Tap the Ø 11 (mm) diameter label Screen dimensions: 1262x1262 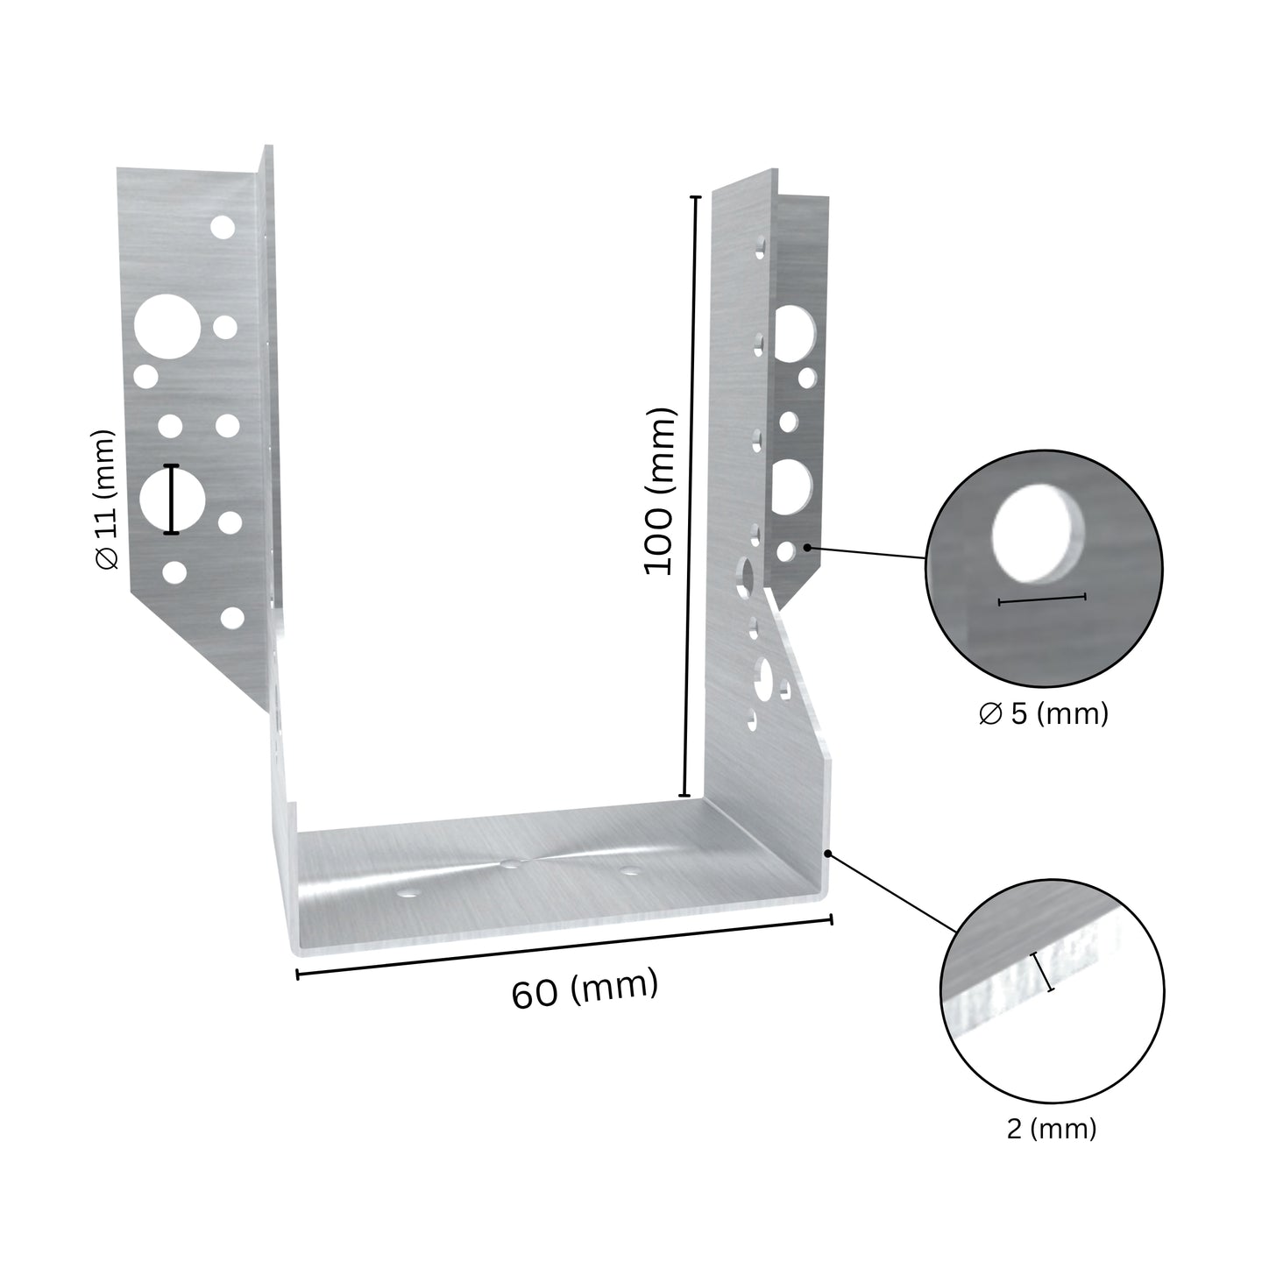coord(106,500)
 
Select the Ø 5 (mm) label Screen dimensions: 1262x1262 coord(1044,713)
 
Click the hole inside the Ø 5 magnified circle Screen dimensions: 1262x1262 coord(1038,535)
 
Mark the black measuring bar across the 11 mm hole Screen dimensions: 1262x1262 coord(171,499)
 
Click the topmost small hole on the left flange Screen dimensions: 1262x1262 coord(223,227)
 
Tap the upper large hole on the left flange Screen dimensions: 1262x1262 coord(167,327)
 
